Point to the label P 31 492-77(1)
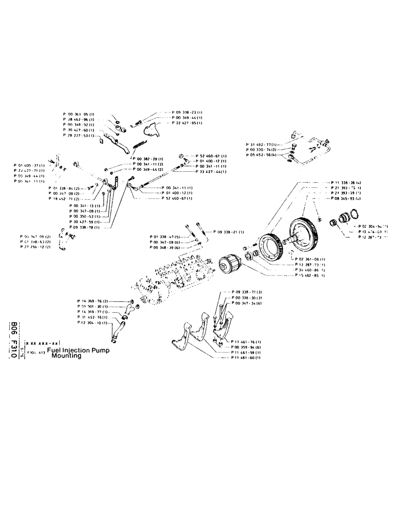click(x=262, y=144)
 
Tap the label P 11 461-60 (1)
click(x=246, y=358)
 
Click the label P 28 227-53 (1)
click(x=78, y=136)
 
